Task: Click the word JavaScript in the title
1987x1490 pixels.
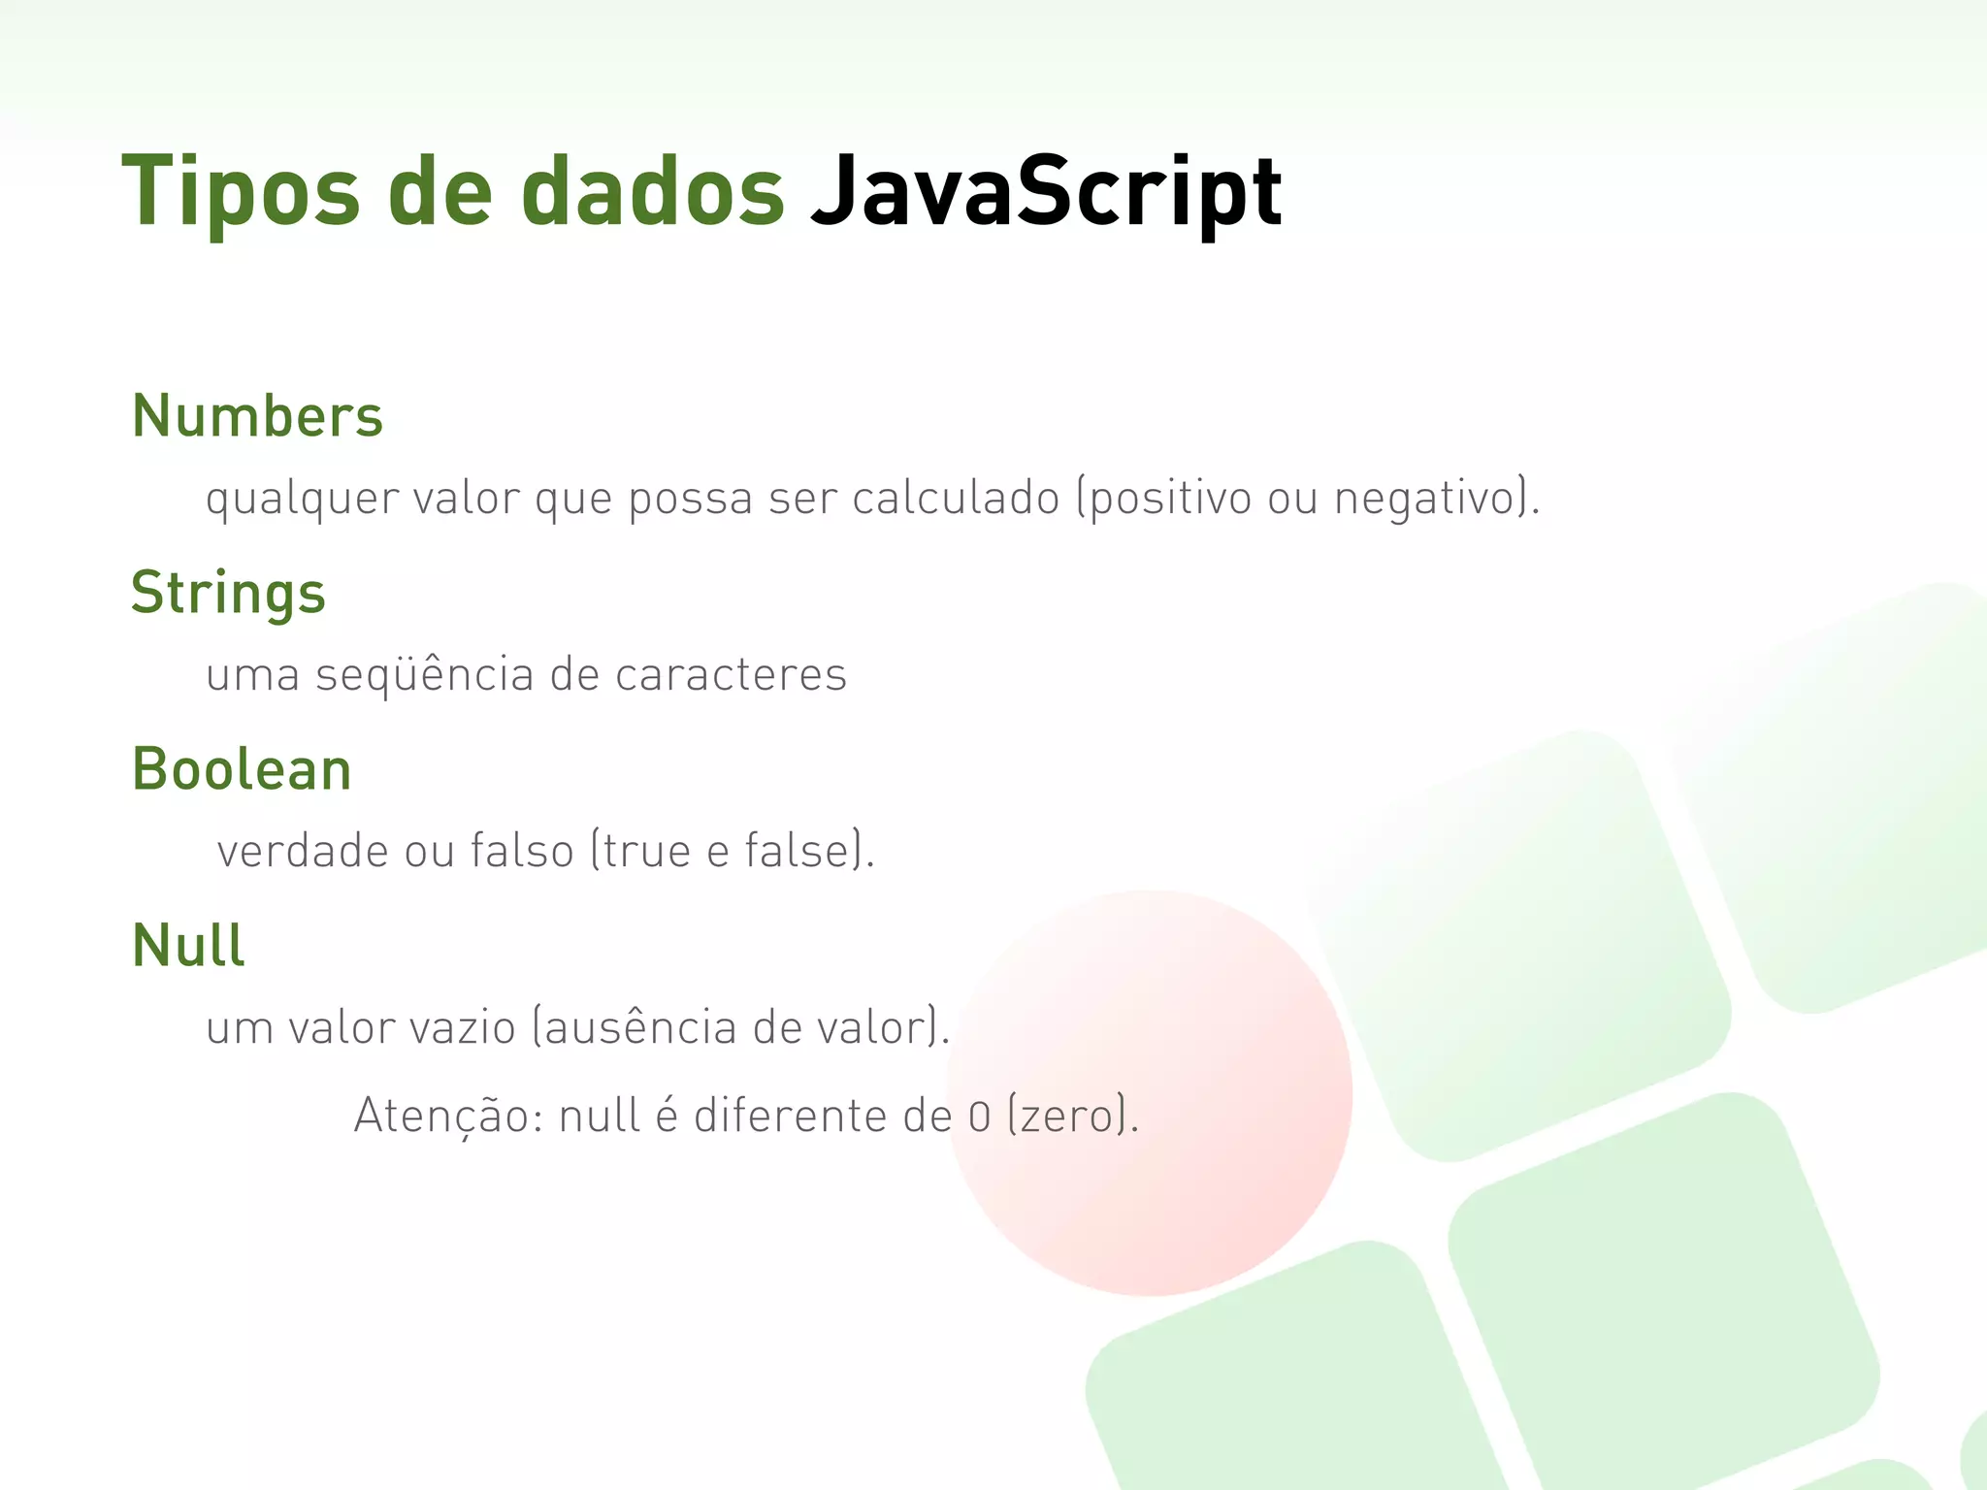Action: (x=1046, y=192)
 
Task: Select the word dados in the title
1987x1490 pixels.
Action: (x=652, y=192)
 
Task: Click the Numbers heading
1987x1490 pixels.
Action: (x=257, y=416)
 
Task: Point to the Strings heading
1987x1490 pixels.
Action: (x=228, y=593)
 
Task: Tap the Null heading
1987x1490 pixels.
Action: (x=188, y=946)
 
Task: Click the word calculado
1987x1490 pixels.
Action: (x=956, y=499)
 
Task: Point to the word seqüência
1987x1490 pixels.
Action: (x=424, y=675)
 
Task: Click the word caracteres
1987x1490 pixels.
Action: (x=731, y=675)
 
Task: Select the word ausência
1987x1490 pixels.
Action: (x=640, y=1028)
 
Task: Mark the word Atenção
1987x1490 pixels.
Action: (x=448, y=1116)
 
